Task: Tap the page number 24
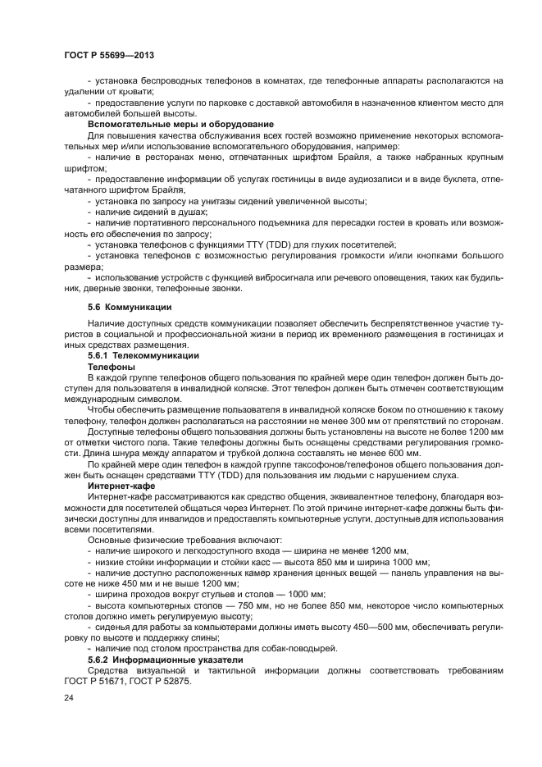[x=69, y=697]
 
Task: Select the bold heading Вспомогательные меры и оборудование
[x=180, y=124]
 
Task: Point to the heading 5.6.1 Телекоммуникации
[x=143, y=357]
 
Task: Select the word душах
[x=189, y=212]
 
